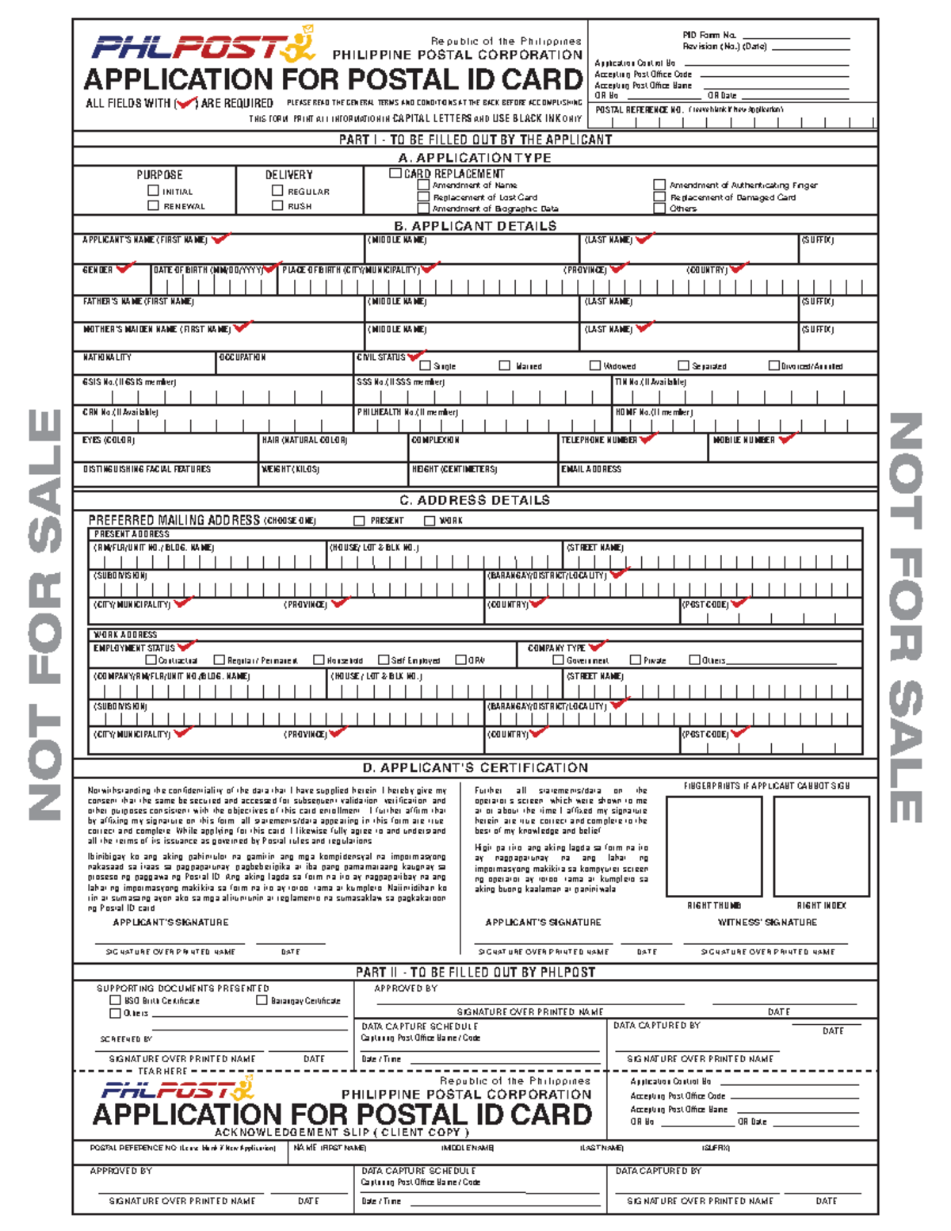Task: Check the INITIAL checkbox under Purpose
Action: (x=153, y=190)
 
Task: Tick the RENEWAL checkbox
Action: (x=153, y=205)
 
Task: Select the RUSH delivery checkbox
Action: (x=277, y=205)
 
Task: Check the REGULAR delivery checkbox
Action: (x=277, y=190)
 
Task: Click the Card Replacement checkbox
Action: (x=395, y=173)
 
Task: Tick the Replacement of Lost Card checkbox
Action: (x=424, y=197)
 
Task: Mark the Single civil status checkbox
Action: (x=425, y=365)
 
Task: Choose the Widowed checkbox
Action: (x=595, y=365)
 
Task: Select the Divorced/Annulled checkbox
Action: (x=774, y=365)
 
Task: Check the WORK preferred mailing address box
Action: (x=430, y=521)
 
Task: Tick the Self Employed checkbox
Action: (x=384, y=659)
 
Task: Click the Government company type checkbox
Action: (x=558, y=659)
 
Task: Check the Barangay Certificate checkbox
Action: (x=262, y=1000)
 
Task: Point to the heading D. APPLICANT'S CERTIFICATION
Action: (x=475, y=767)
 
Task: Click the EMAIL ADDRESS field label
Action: (x=591, y=469)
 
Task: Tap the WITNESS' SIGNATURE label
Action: (x=766, y=922)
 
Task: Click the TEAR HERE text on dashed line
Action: (x=162, y=1071)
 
